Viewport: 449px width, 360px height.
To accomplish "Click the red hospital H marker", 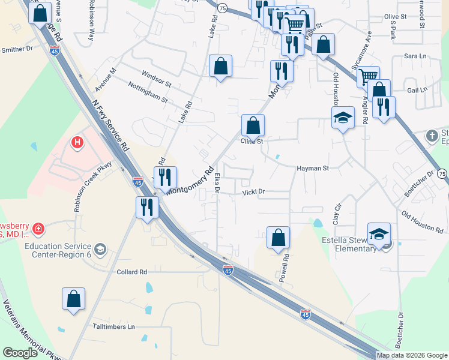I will click(x=77, y=143).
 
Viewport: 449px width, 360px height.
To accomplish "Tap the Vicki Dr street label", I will click(x=253, y=192).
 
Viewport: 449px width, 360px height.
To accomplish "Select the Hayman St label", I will click(x=313, y=169).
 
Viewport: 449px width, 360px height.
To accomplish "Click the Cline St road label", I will click(x=252, y=142).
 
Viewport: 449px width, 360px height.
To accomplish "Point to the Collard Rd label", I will click(x=132, y=272).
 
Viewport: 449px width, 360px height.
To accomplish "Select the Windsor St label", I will click(x=156, y=77).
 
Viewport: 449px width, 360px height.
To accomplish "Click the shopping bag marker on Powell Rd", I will click(x=279, y=238).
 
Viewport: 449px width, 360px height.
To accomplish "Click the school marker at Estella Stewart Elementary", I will click(x=379, y=234).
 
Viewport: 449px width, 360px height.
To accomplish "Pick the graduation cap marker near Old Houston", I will click(x=343, y=118).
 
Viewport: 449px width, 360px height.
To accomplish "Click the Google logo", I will click(x=21, y=353).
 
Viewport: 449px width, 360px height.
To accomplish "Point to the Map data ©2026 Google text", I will click(x=411, y=355).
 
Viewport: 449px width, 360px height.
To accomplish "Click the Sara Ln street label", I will click(x=414, y=56).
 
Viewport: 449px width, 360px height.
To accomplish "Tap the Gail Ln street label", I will click(x=417, y=89).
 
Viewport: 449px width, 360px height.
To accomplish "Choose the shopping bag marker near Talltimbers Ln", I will click(x=73, y=299).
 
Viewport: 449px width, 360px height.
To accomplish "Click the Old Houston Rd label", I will click(x=423, y=222).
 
